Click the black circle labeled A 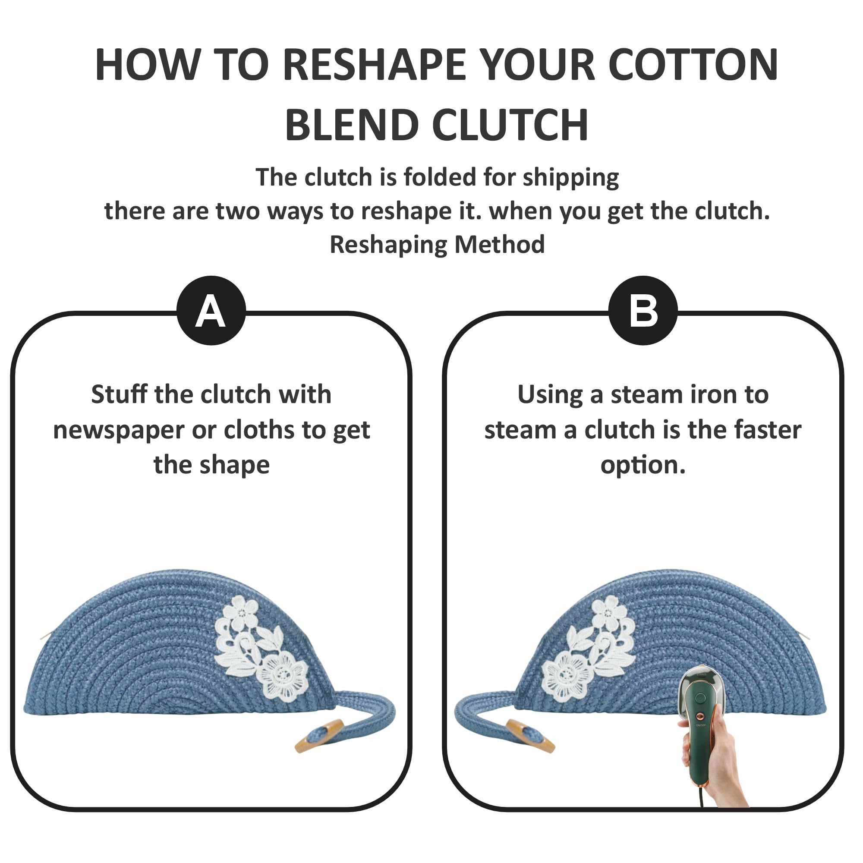click(x=211, y=310)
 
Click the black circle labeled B click(x=643, y=310)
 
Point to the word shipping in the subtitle click(x=571, y=178)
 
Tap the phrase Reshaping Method click(x=437, y=245)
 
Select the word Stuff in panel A click(x=119, y=394)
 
